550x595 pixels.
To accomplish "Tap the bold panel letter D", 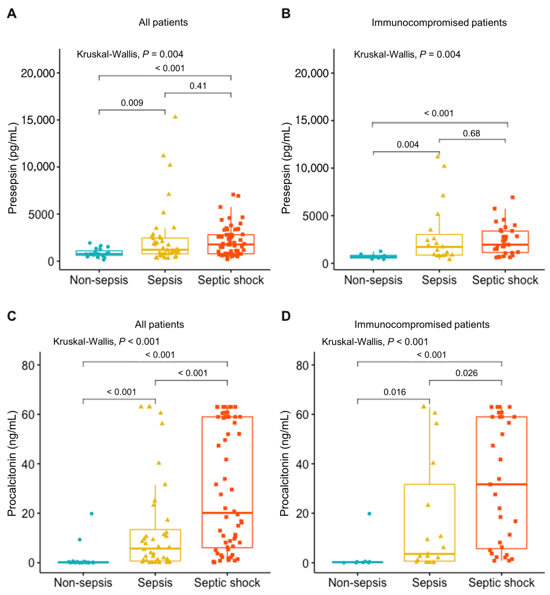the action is [286, 316].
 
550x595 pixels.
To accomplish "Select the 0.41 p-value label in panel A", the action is [198, 86].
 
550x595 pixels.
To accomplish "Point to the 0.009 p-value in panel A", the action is [132, 103].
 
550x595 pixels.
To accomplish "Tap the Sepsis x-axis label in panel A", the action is [165, 280].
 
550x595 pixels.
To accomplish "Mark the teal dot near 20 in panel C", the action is [92, 514].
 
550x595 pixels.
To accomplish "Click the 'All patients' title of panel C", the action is [160, 324].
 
